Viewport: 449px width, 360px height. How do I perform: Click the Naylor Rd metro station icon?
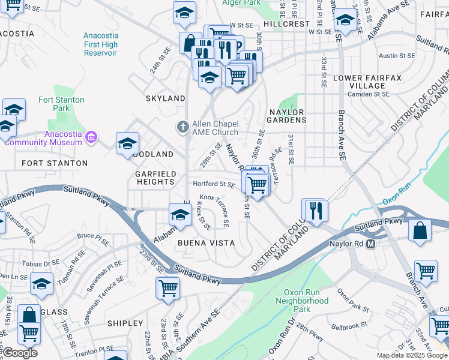(x=371, y=244)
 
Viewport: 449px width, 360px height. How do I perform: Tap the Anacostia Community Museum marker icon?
(x=91, y=137)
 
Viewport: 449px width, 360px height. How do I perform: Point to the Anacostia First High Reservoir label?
(x=101, y=44)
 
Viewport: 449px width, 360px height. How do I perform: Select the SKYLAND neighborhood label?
(x=166, y=98)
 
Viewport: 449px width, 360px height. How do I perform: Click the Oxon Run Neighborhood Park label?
(x=306, y=301)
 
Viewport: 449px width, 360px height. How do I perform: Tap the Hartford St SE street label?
(x=213, y=184)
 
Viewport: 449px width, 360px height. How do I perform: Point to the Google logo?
(x=20, y=353)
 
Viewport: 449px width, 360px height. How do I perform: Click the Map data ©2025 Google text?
(x=412, y=355)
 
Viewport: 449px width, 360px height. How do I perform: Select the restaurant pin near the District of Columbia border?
(x=315, y=210)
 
